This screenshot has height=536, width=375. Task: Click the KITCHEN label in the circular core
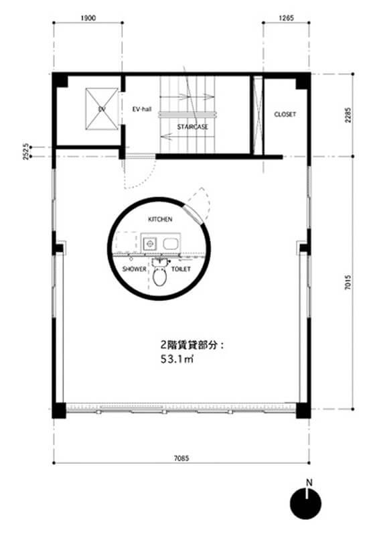pos(160,219)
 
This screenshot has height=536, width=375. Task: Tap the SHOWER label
pos(134,268)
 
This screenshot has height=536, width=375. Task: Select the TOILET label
pos(181,268)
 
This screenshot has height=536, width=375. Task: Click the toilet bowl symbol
pos(159,277)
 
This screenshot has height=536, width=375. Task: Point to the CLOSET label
pos(285,115)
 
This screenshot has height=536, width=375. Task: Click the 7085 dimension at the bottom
pos(181,458)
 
